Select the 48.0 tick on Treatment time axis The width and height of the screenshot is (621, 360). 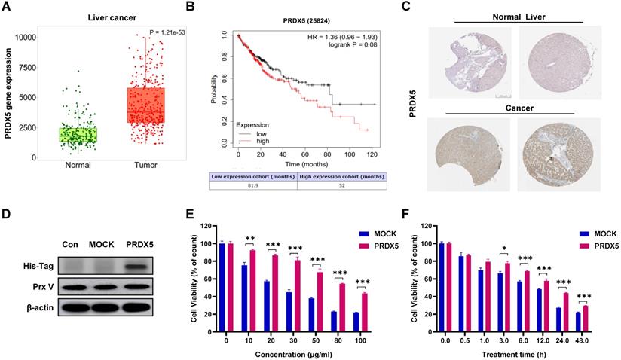click(x=598, y=338)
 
